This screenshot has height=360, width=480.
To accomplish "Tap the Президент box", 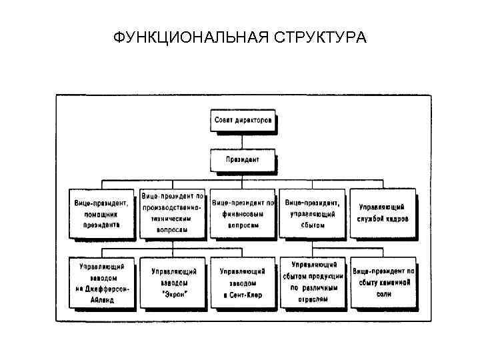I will pyautogui.click(x=243, y=160).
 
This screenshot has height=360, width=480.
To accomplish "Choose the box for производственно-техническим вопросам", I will pyautogui.click(x=173, y=213).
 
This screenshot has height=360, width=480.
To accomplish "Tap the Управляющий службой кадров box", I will pyautogui.click(x=383, y=213).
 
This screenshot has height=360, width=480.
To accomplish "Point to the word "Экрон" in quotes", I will pyautogui.click(x=174, y=294).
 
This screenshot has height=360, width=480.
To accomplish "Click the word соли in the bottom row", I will pyautogui.click(x=383, y=294).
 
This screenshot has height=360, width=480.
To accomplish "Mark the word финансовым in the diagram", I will pyautogui.click(x=242, y=214).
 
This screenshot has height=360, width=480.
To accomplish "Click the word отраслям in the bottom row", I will pyautogui.click(x=313, y=299).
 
